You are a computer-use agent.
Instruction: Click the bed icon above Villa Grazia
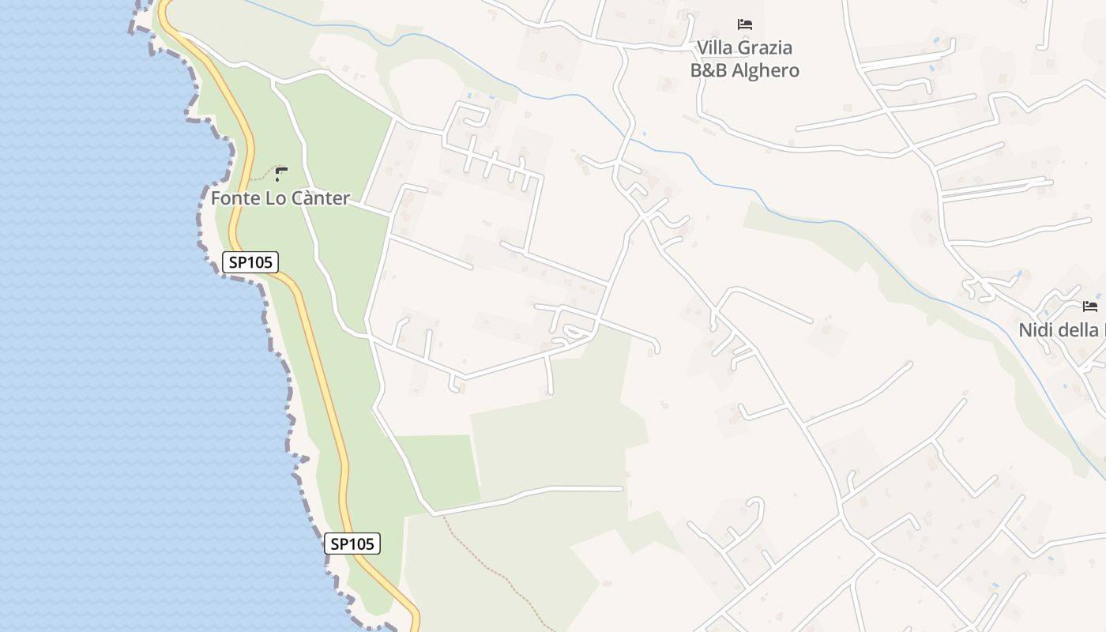pos(745,24)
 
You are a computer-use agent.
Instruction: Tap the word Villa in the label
pos(715,48)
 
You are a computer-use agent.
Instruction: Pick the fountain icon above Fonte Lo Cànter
pos(280,173)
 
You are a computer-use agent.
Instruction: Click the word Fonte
pos(235,198)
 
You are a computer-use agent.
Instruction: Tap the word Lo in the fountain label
pos(276,198)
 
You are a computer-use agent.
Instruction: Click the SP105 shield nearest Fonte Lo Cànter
pos(250,262)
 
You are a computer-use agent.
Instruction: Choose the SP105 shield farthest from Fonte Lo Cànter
pos(352,544)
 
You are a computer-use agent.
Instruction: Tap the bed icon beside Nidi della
pos(1090,307)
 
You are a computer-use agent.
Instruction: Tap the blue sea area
pos(118,355)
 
